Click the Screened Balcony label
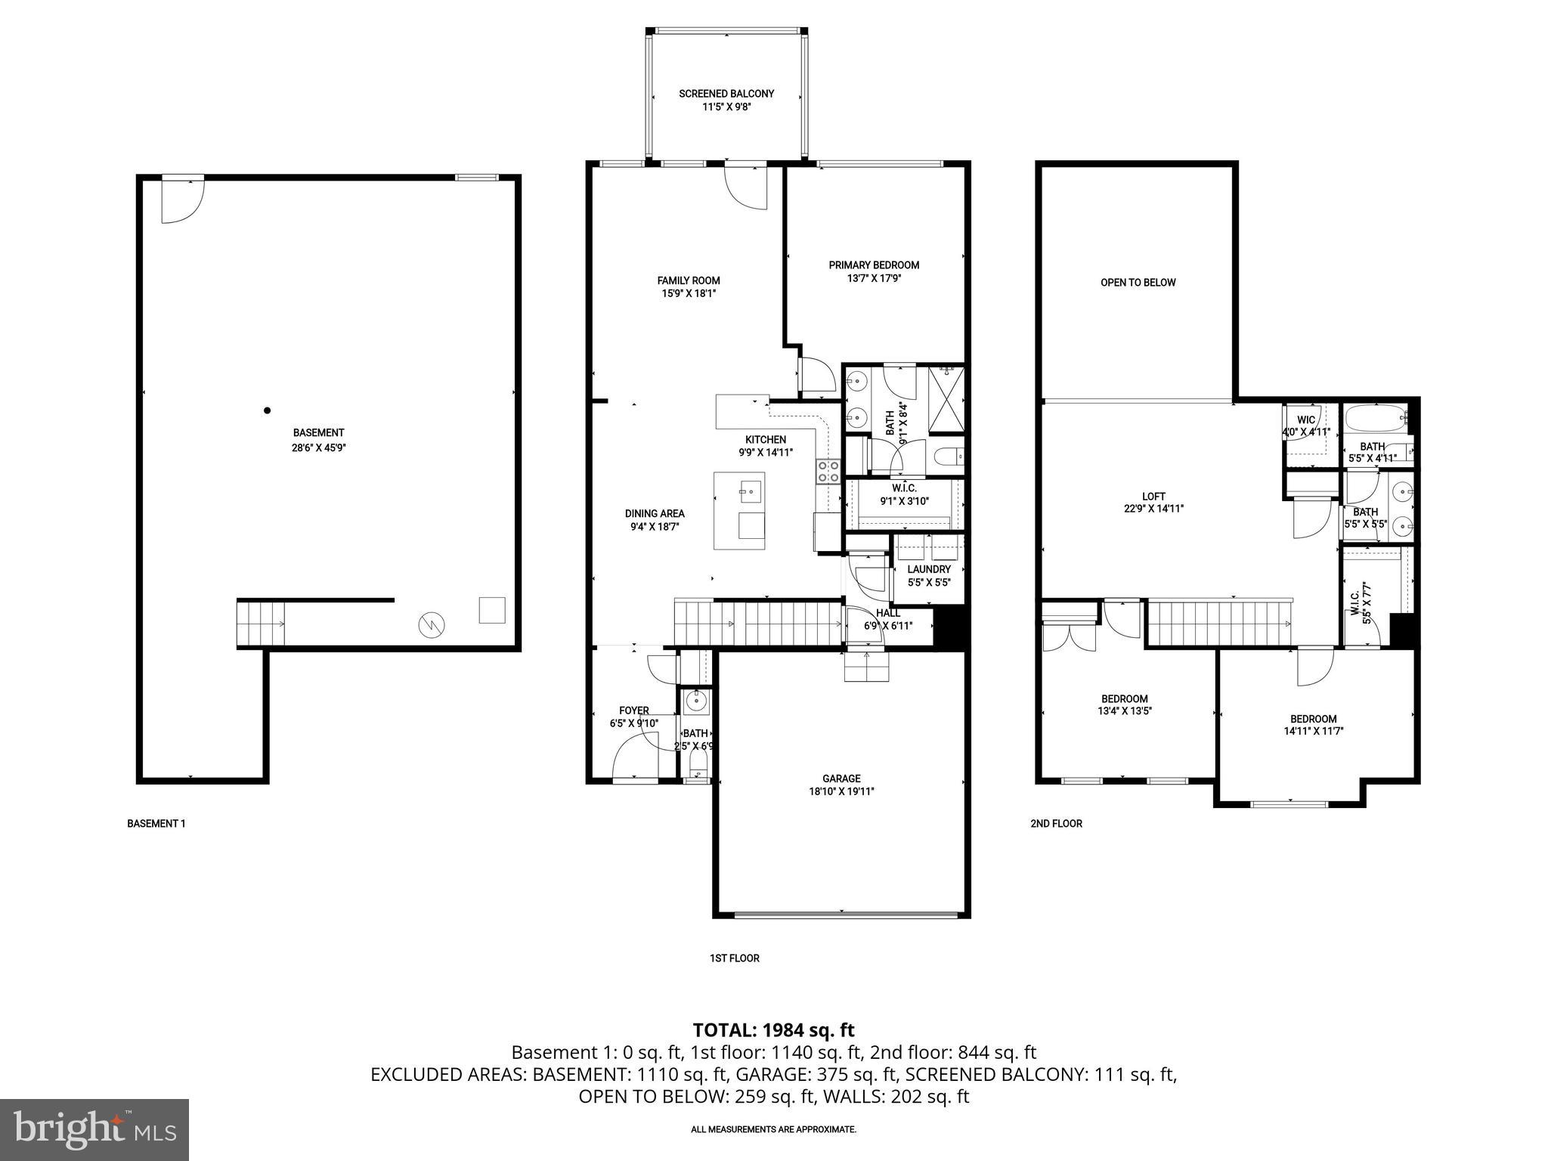coord(726,94)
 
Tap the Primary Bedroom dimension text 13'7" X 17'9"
coord(874,278)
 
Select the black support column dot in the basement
coord(267,410)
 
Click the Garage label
coord(841,779)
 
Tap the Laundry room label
coord(929,569)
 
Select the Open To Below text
coord(1138,283)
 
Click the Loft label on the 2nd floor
coord(1153,497)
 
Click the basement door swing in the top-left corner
coord(181,203)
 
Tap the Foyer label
coord(633,711)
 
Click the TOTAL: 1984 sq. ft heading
coord(773,1029)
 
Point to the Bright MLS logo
coord(94,1129)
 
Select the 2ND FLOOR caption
coord(1056,823)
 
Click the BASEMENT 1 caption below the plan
coord(156,823)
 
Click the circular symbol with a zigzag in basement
coord(432,624)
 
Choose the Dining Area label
coord(655,514)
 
